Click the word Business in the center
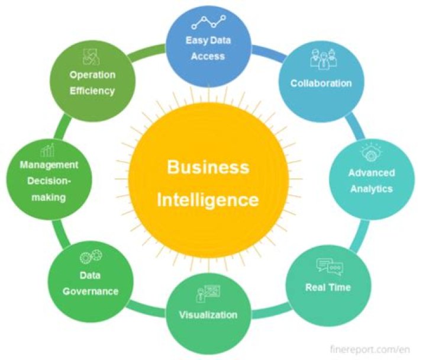point(208,166)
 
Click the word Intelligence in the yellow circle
point(208,200)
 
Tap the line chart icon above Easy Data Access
point(208,22)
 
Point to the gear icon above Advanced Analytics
point(371,153)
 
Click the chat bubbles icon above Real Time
point(330,266)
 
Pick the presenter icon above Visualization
point(208,293)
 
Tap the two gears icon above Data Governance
point(91,256)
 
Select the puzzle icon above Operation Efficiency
point(91,57)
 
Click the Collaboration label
point(321,83)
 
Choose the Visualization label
point(208,315)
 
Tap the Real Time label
point(328,287)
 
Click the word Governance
point(91,291)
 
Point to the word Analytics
point(372,189)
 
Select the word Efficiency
point(92,91)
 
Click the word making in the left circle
point(49,197)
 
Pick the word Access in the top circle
point(208,56)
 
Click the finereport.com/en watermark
point(370,349)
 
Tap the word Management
point(49,165)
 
